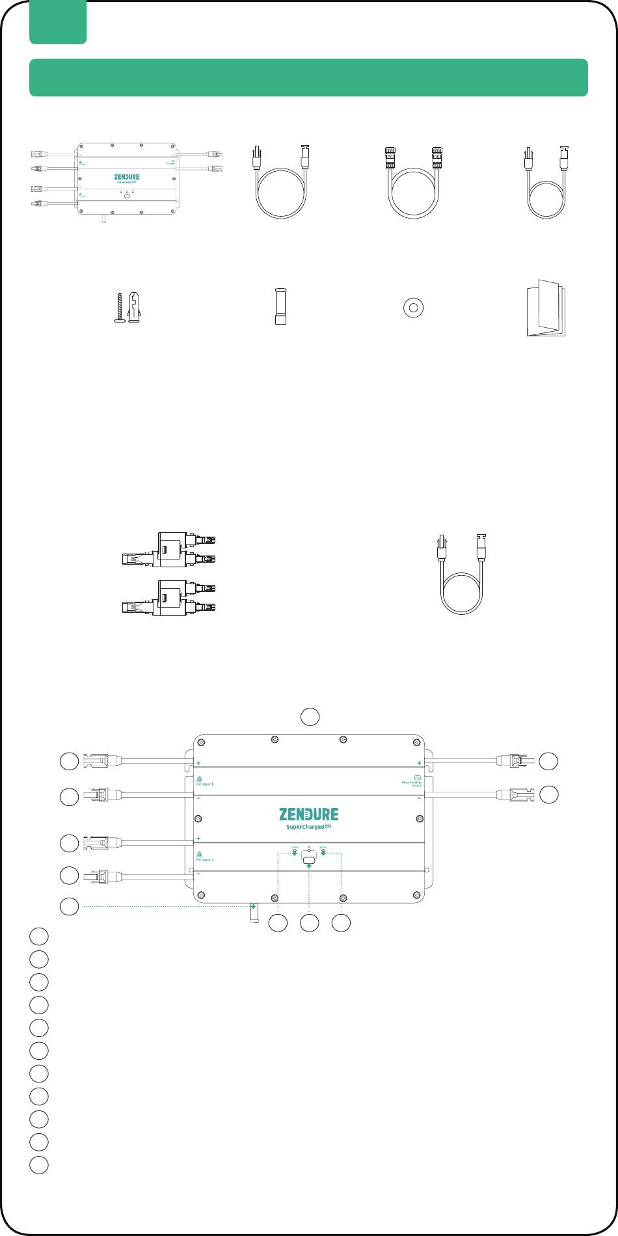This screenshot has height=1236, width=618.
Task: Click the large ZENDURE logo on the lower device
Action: coord(309,814)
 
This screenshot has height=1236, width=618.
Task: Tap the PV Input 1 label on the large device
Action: coord(205,784)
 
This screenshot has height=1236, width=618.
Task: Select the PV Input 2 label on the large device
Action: coord(205,859)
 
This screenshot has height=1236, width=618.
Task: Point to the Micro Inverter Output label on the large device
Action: coord(412,784)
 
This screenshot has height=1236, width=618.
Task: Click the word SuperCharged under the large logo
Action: coord(306,827)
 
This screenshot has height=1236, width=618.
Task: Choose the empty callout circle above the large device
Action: coord(310,716)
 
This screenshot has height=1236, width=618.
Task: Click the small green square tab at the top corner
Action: coord(58,22)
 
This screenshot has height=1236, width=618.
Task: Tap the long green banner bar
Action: coord(309,77)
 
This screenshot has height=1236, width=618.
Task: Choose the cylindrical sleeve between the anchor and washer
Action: coord(281,307)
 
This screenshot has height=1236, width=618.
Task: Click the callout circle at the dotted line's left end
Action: coord(70,906)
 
